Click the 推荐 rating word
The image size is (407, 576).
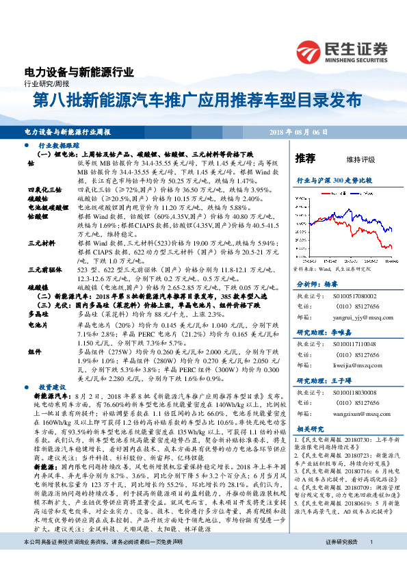pos(304,158)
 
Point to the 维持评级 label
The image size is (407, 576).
pos(360,159)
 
